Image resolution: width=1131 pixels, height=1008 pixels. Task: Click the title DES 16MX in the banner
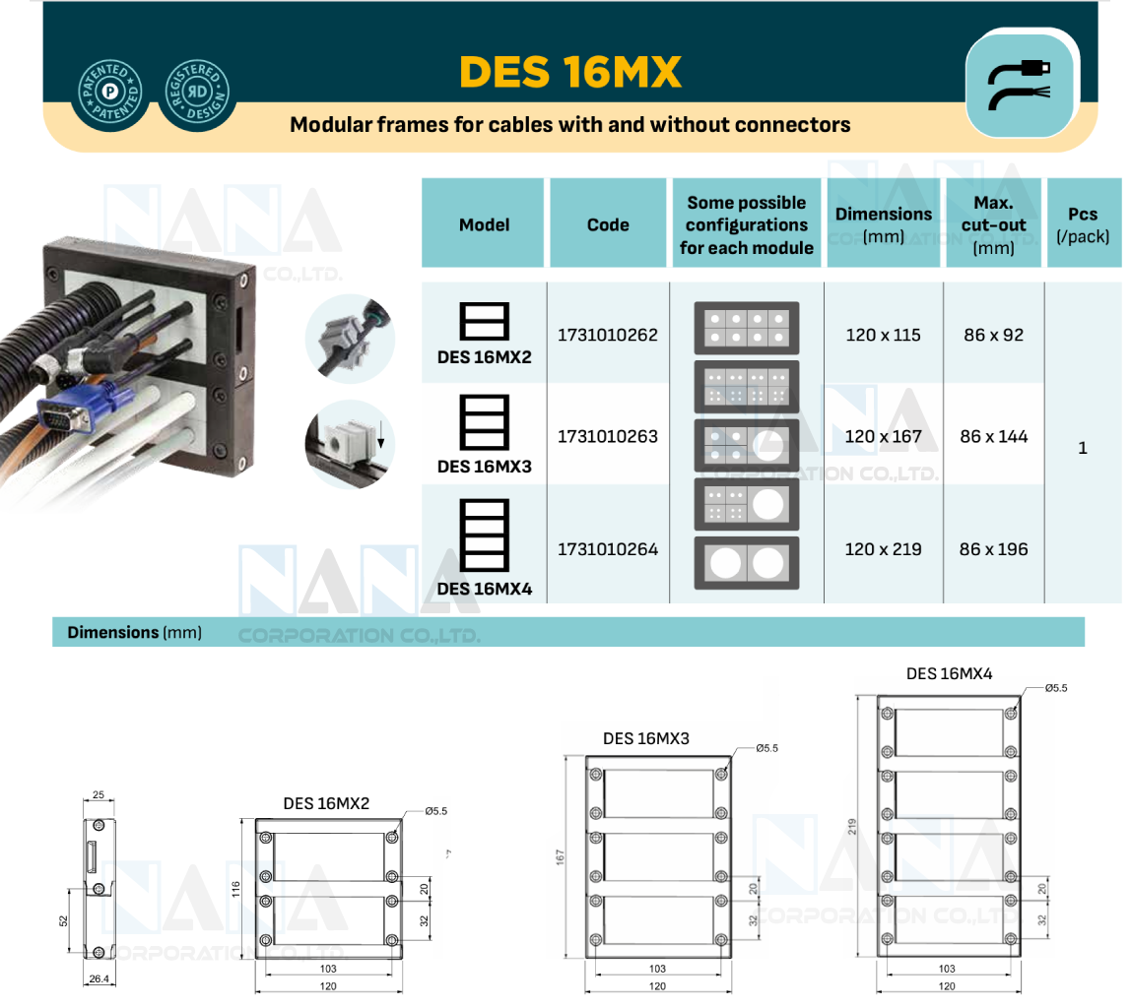pos(570,72)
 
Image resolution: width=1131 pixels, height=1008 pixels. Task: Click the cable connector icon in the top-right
pos(1020,84)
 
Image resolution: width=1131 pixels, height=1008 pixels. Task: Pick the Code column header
pos(608,224)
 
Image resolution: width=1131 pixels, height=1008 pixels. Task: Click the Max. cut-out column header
pos(993,224)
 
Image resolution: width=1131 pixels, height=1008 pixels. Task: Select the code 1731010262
pos(608,335)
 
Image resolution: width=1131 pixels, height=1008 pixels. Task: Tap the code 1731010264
pos(608,549)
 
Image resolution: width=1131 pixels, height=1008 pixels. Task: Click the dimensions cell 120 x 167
pos(883,436)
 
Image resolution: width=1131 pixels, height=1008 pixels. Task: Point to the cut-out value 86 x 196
pos(993,549)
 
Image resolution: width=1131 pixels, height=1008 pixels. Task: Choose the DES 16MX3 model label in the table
pos(484,466)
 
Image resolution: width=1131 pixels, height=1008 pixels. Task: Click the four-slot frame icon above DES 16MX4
pos(484,535)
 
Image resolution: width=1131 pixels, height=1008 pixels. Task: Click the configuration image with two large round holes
pos(747,563)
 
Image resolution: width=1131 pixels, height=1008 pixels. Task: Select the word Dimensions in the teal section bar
pos(112,632)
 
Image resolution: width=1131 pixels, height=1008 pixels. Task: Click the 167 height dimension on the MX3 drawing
pos(562,856)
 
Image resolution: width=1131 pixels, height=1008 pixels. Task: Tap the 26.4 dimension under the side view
pos(99,979)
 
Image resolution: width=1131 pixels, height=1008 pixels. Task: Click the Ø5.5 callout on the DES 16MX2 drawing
pos(435,811)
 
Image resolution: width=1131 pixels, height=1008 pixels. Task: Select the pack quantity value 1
pos(1083,448)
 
